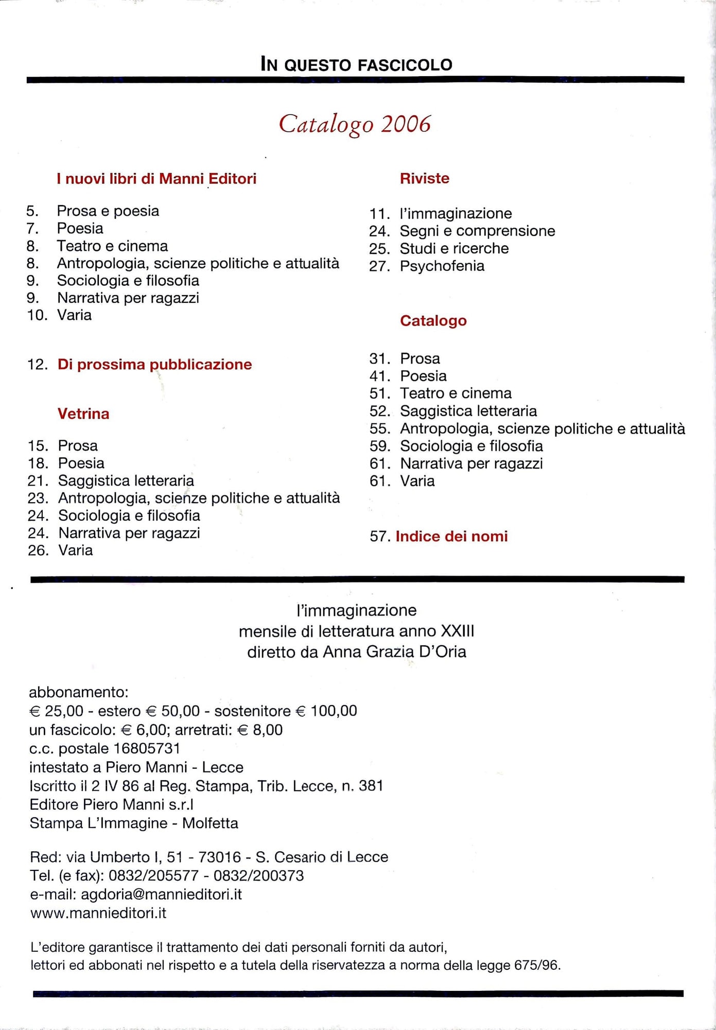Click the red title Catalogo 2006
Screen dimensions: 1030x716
tap(355, 124)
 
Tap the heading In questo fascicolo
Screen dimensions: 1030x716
tap(356, 64)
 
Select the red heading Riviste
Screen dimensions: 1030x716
tap(424, 178)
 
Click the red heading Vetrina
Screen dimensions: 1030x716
tap(83, 414)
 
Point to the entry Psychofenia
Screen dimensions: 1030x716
tap(442, 266)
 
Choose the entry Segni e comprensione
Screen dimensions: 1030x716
tap(477, 231)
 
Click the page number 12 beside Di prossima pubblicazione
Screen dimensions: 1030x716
tap(38, 365)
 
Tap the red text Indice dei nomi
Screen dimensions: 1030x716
tap(451, 536)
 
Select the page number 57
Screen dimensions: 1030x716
tap(379, 537)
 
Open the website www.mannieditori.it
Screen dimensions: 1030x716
tap(98, 913)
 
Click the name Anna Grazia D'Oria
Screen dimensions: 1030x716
tap(394, 652)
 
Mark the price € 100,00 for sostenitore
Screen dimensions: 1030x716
tap(326, 711)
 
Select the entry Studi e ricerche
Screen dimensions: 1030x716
tap(454, 248)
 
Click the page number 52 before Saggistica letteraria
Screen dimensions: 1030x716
tap(379, 411)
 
